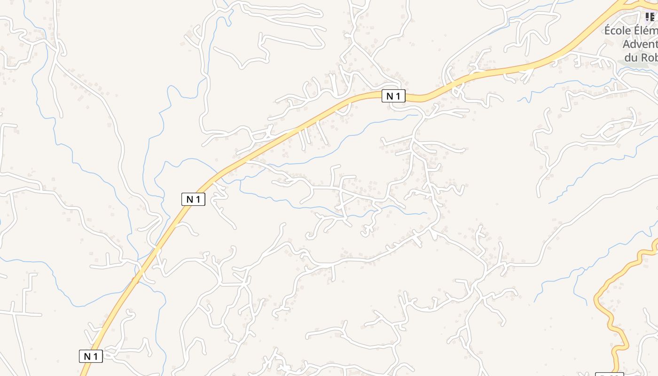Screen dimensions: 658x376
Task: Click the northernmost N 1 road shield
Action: click(x=393, y=96)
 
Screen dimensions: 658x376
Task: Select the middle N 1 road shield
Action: click(x=193, y=199)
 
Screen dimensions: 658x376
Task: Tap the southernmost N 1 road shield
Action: click(x=91, y=356)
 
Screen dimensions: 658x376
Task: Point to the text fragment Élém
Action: click(x=646, y=31)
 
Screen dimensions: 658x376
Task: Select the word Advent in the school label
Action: click(x=640, y=44)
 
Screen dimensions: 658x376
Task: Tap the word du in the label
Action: click(x=631, y=57)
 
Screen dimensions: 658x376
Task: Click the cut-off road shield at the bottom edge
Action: click(x=609, y=374)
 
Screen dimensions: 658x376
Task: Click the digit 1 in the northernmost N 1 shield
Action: click(x=399, y=96)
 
